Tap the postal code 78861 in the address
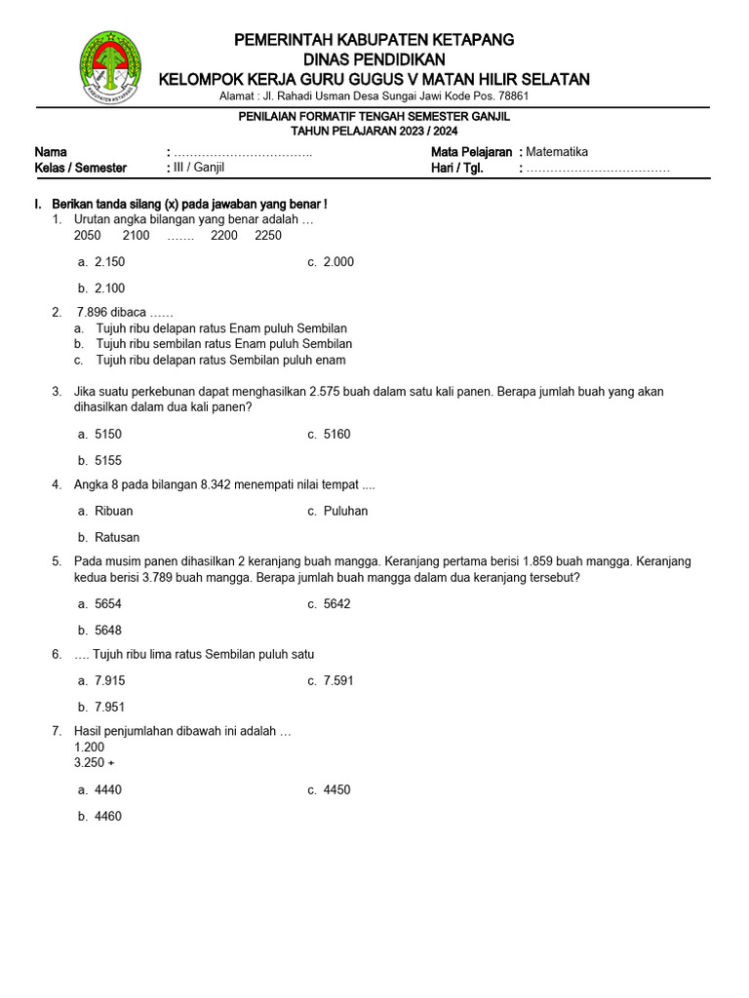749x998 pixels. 512,96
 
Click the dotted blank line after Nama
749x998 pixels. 243,153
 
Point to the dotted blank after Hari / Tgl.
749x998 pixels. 598,169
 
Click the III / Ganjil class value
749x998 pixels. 199,168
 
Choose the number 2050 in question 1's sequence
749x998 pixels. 87,236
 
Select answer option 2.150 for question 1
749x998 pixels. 109,262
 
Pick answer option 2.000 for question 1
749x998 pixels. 338,262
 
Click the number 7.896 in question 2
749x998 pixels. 96,313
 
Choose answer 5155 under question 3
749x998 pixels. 108,461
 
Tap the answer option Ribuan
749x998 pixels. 114,512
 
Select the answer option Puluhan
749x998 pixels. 345,512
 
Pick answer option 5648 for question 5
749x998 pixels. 108,631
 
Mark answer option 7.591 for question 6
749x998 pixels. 338,681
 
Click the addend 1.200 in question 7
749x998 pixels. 90,748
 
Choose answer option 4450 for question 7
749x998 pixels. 336,790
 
